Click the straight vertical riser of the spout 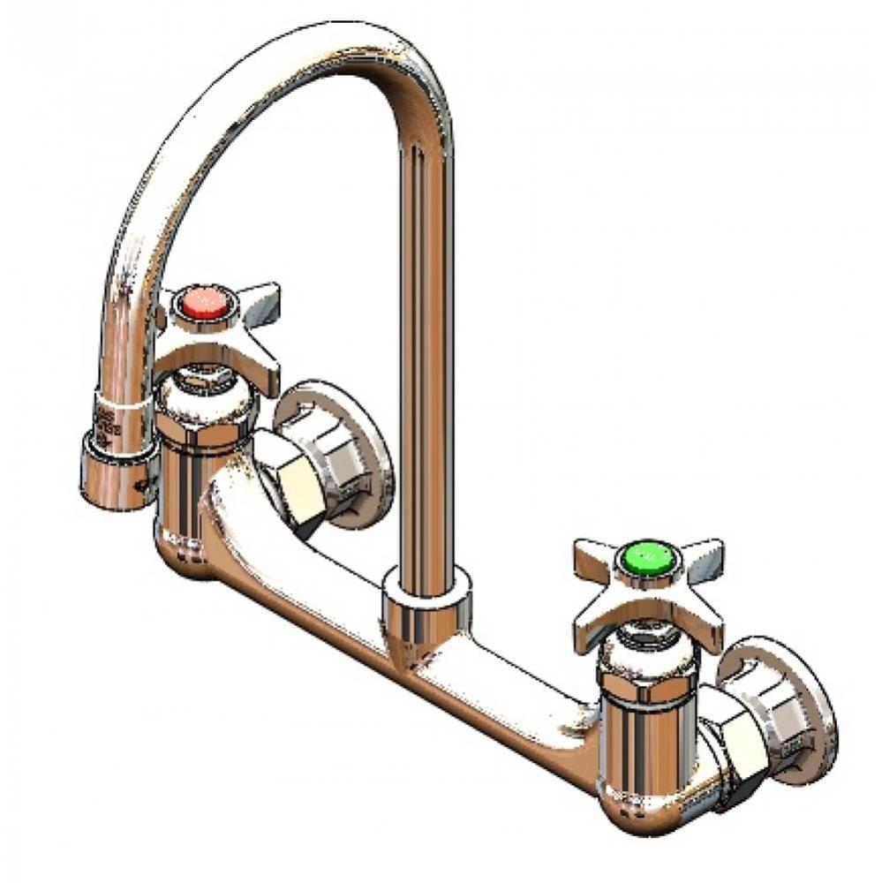pyautogui.click(x=422, y=353)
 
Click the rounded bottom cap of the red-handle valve pyautogui.click(x=190, y=552)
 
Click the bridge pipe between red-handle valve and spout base pyautogui.click(x=300, y=574)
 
